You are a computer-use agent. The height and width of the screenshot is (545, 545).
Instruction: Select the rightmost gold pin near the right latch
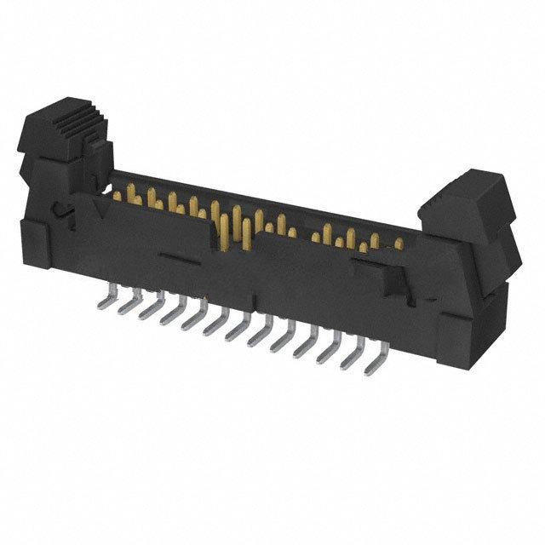coord(398,244)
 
